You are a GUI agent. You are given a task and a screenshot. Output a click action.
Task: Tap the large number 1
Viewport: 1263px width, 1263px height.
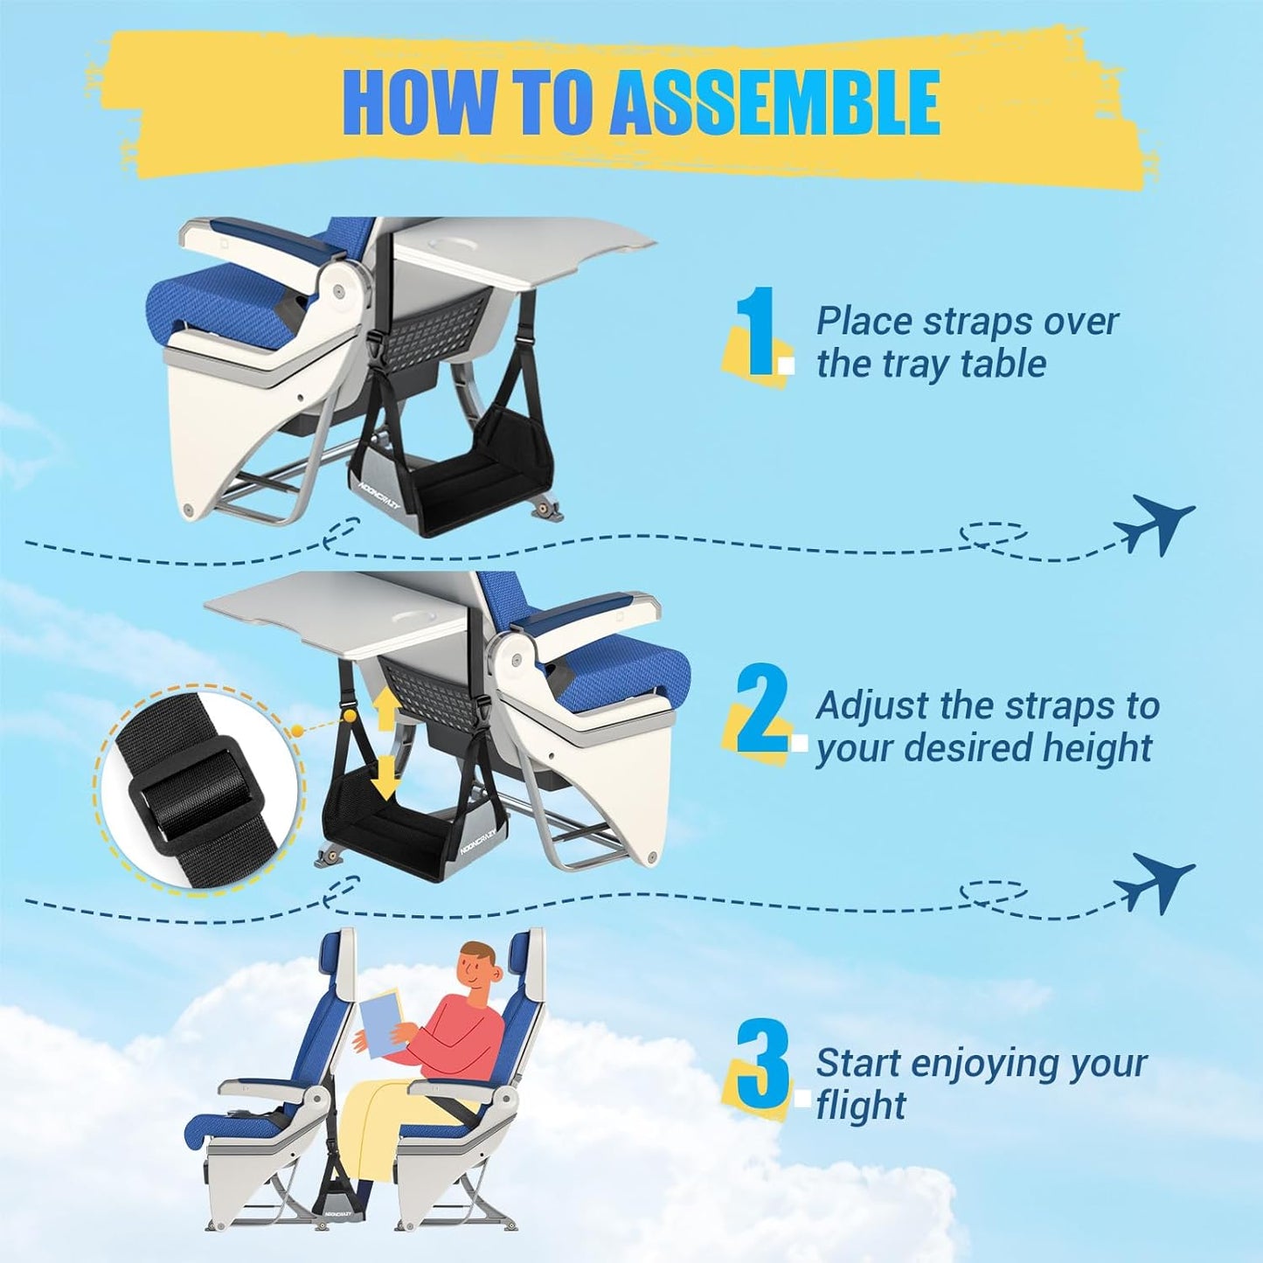pos(756,334)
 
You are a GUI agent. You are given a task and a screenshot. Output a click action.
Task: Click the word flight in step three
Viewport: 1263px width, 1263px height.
pos(861,1106)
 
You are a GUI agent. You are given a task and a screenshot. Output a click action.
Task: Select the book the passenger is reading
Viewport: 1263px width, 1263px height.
pos(382,1028)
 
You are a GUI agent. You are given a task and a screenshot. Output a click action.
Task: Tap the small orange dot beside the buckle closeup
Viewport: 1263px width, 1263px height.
pos(297,728)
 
